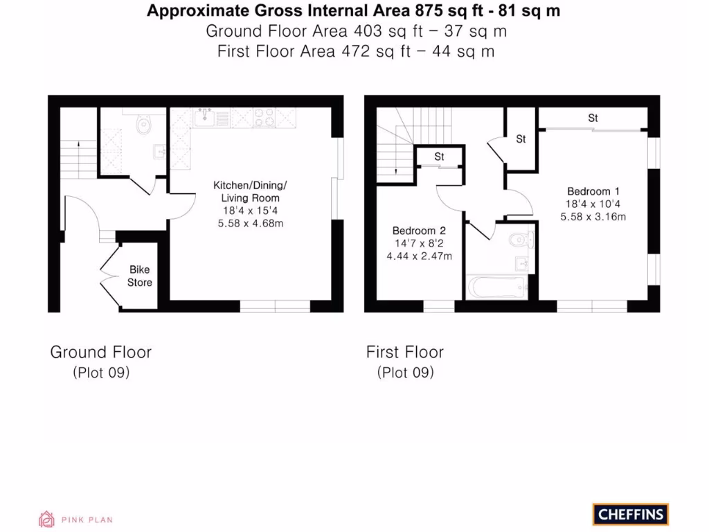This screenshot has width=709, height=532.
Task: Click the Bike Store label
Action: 139,276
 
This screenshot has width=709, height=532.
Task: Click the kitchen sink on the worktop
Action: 205,118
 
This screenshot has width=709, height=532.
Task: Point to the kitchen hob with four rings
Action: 264,118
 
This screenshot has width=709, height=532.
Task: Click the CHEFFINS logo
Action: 630,515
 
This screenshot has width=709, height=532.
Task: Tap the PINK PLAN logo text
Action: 87,520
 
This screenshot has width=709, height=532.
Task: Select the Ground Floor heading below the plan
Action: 100,352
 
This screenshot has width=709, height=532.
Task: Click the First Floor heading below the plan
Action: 405,352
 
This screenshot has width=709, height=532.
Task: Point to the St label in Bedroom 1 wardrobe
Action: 593,118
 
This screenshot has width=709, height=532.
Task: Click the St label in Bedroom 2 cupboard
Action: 439,157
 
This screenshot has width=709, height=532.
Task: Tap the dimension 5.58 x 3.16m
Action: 593,217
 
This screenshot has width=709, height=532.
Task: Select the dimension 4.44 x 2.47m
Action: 419,256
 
